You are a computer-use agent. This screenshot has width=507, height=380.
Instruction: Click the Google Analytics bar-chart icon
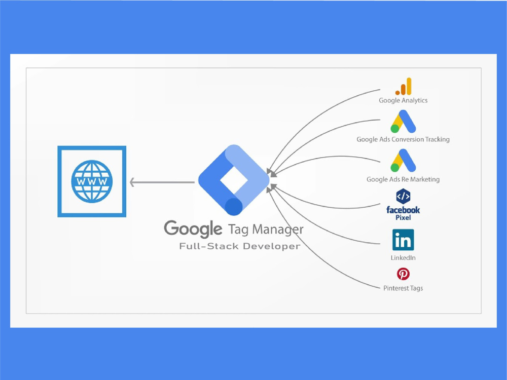[x=403, y=86]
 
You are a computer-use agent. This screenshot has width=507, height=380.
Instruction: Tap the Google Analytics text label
[x=403, y=100]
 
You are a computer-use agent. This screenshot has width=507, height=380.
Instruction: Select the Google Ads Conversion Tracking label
[x=403, y=139]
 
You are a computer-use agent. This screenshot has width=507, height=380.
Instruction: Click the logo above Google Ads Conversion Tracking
[x=403, y=122]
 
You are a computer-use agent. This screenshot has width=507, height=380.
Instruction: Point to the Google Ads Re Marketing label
[x=403, y=179]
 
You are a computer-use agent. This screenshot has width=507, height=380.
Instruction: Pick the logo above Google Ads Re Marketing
[x=403, y=160]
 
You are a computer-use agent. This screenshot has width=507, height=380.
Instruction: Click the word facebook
[x=403, y=210]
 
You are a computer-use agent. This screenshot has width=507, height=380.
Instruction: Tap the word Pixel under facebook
[x=403, y=217]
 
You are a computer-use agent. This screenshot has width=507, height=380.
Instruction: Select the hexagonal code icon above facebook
[x=403, y=196]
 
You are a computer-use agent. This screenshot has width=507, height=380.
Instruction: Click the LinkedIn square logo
[x=403, y=240]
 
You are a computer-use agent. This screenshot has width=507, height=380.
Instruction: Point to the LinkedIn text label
[x=403, y=257]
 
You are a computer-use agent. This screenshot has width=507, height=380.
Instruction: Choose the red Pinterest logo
[x=403, y=274]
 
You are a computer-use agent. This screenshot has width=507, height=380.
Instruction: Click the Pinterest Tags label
[x=403, y=288]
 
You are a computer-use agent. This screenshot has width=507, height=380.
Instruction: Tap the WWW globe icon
[x=92, y=181]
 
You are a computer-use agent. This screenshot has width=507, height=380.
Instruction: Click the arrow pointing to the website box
[x=162, y=182]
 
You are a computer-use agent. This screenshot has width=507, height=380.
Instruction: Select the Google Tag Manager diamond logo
[x=234, y=180]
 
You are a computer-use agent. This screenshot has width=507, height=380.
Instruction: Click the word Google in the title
[x=193, y=229]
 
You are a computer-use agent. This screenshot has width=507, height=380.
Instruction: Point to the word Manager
[x=278, y=230]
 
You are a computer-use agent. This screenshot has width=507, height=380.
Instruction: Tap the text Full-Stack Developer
[x=240, y=246]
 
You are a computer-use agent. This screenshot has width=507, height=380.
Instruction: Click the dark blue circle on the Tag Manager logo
[x=233, y=207]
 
